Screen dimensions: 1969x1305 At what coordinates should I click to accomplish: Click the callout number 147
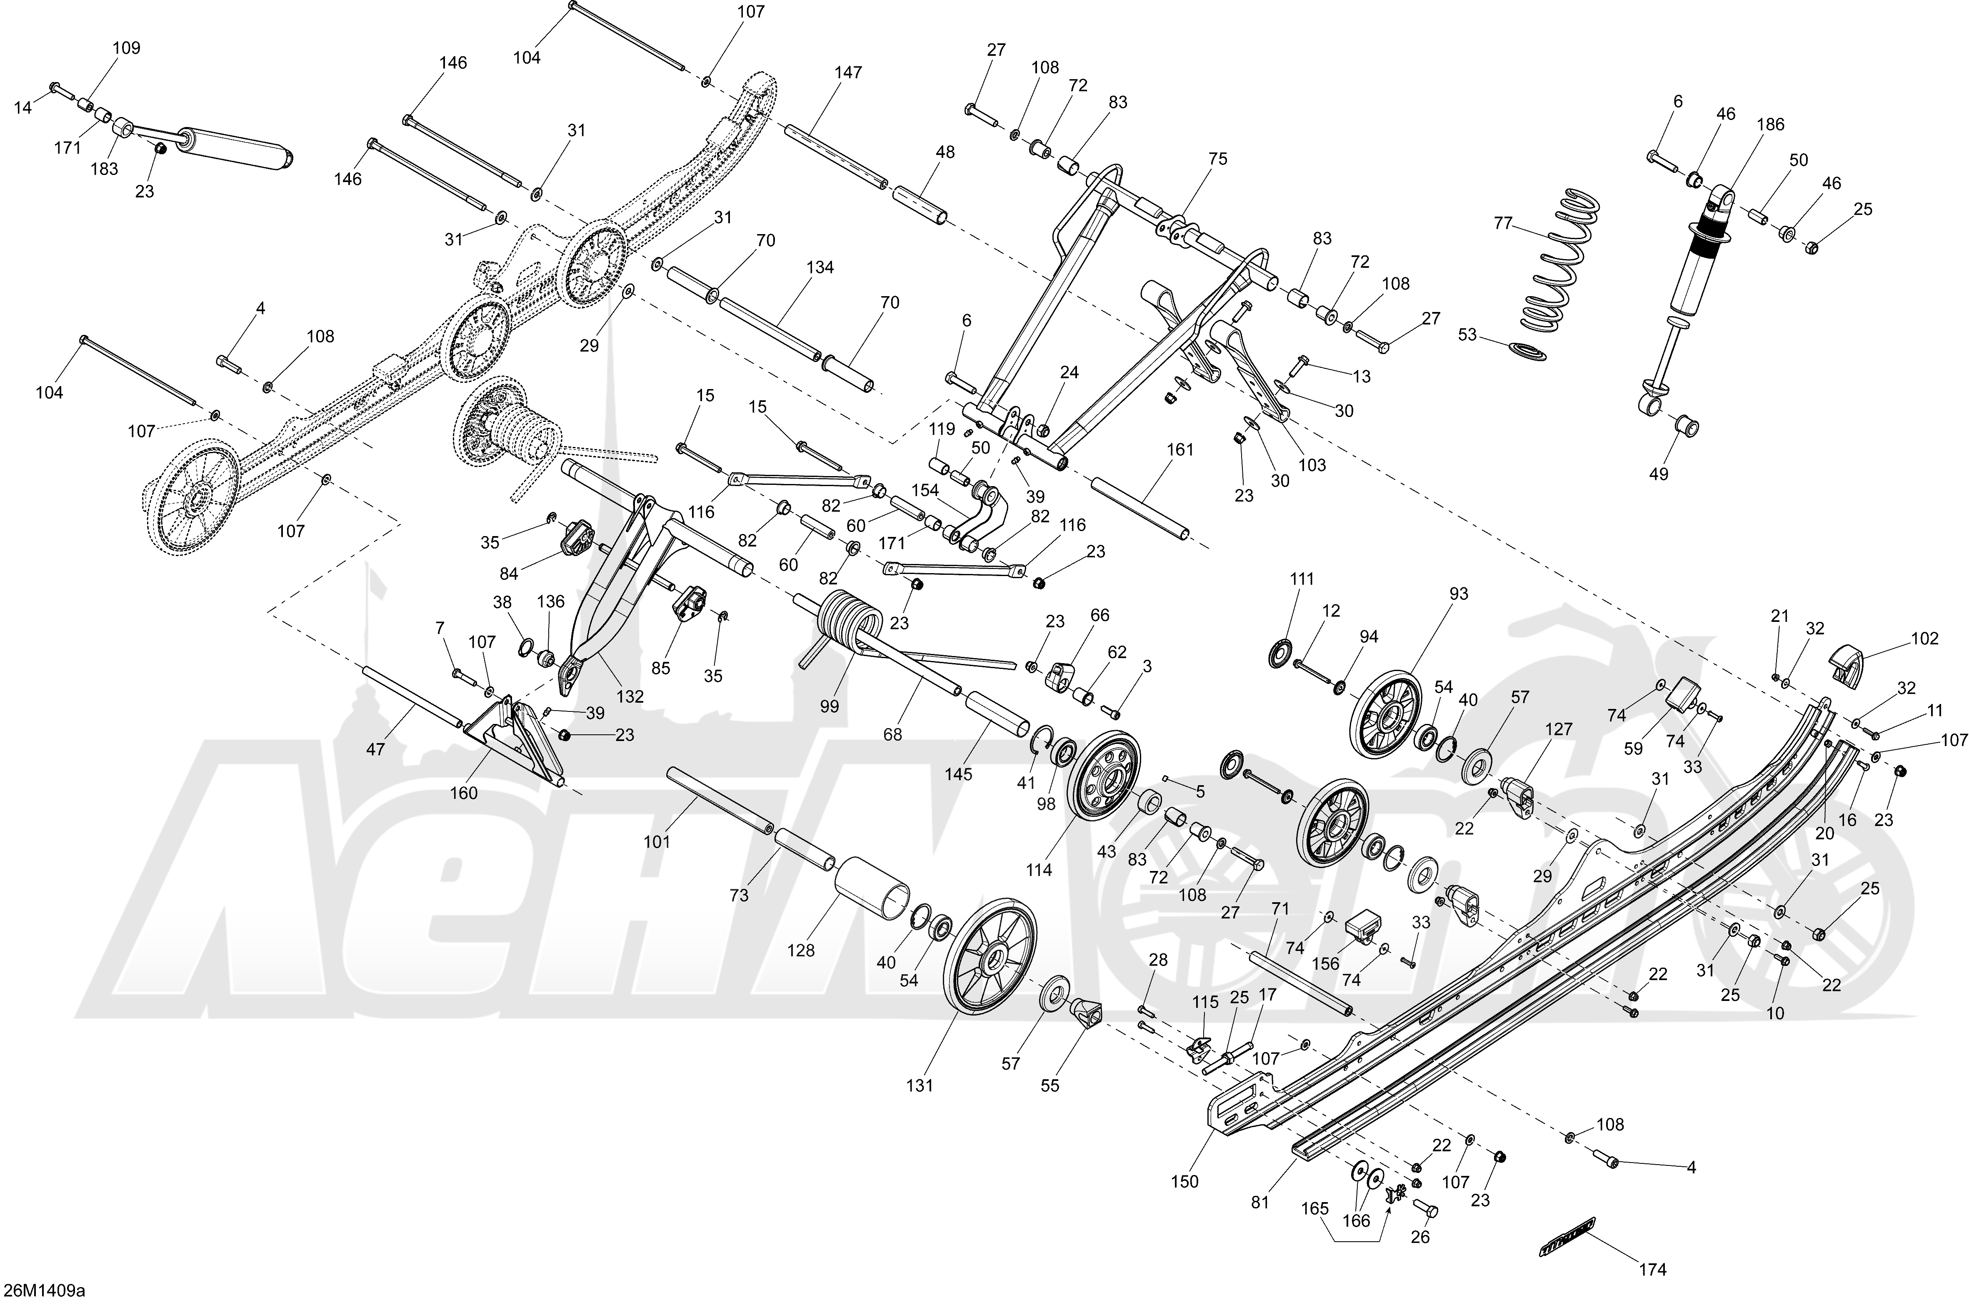point(848,72)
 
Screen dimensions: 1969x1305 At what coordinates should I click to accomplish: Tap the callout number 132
point(630,696)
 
